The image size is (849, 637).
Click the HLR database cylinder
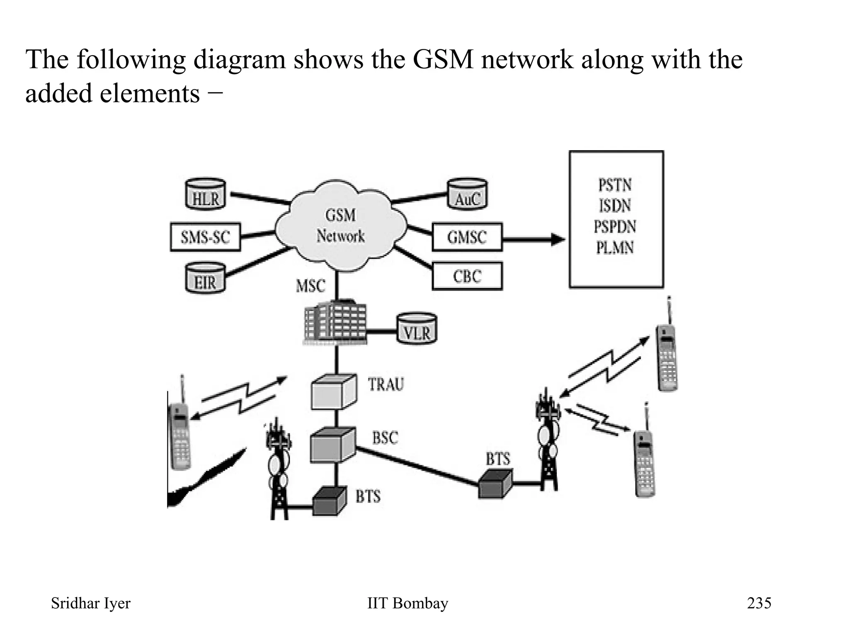pyautogui.click(x=205, y=194)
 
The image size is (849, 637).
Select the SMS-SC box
pyautogui.click(x=205, y=237)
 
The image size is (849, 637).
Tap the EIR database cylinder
pyautogui.click(x=205, y=278)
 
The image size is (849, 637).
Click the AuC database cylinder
pyautogui.click(x=468, y=194)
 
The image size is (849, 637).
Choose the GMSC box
pyautogui.click(x=467, y=237)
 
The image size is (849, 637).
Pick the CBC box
pyautogui.click(x=467, y=276)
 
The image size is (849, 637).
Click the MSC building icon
pyautogui.click(x=336, y=323)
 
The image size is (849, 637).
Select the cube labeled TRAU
pyautogui.click(x=334, y=392)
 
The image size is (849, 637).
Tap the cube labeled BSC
pyautogui.click(x=332, y=445)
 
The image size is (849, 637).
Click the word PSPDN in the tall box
pyautogui.click(x=615, y=227)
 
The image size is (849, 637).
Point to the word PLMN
pyautogui.click(x=615, y=248)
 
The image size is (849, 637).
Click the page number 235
pyautogui.click(x=759, y=603)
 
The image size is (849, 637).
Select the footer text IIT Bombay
pyautogui.click(x=408, y=603)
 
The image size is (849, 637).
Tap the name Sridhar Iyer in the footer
pyautogui.click(x=90, y=603)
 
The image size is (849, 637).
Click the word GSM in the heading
pyautogui.click(x=443, y=59)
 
